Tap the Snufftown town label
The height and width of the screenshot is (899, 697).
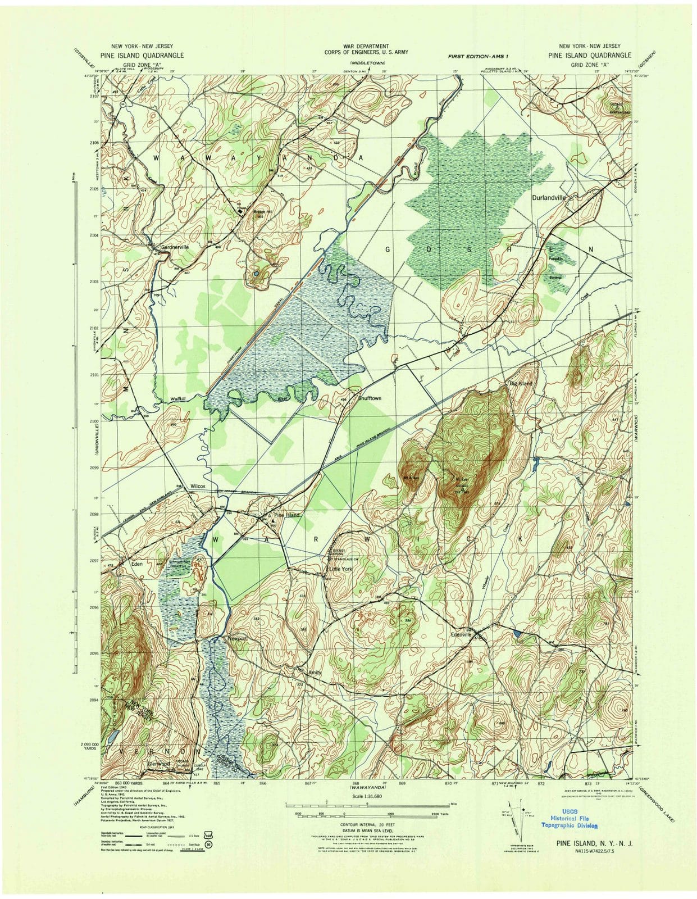point(370,398)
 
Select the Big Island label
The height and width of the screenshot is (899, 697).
point(521,383)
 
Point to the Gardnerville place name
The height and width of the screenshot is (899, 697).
point(175,247)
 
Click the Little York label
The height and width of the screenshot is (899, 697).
point(340,568)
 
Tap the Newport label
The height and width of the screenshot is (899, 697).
point(237,639)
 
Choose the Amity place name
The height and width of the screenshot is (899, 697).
point(313,672)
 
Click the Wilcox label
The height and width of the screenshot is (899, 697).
point(198,486)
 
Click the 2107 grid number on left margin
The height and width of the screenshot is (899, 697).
point(94,96)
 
